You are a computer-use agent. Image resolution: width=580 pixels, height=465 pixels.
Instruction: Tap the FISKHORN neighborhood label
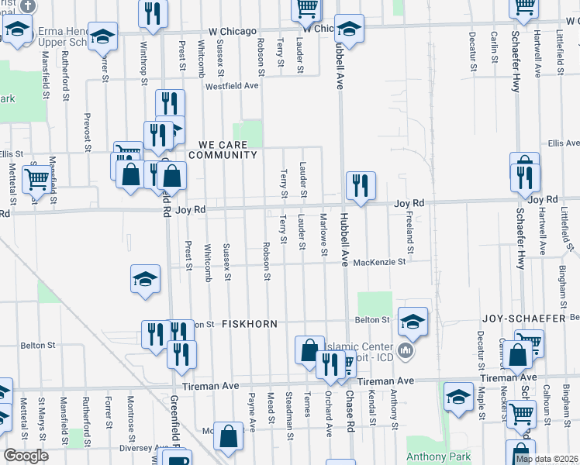pos(250,322)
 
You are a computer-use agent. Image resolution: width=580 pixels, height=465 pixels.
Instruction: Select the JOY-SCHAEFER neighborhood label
pos(525,319)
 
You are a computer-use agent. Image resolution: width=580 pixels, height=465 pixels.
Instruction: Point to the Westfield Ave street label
pos(231,85)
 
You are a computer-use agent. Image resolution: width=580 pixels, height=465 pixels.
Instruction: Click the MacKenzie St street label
pos(379,263)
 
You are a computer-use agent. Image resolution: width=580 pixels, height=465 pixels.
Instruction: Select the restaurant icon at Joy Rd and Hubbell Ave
pos(361,185)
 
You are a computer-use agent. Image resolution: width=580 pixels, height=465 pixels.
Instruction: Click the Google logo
pos(26,456)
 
